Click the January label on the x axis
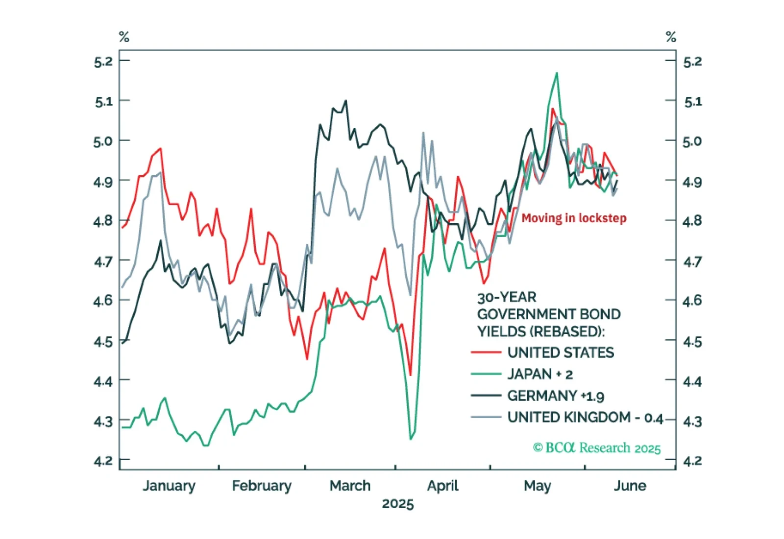pos(169,486)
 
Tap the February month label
pos(262,486)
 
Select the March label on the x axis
pos(350,486)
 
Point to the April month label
pos(442,486)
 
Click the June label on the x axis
pos(630,486)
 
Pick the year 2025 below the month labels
pos(398,504)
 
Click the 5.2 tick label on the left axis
pos(103,62)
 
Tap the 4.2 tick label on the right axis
pos(692,461)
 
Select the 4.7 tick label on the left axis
pos(103,261)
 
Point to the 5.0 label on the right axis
pos(692,141)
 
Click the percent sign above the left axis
pos(124,37)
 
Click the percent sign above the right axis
pos(671,37)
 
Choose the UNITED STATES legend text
pos(561,352)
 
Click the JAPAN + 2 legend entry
pos(540,375)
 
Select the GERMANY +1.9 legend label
pos(556,396)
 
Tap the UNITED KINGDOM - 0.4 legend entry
pos(585,418)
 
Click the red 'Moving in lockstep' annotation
pos(574,218)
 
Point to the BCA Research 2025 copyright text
pos(597,448)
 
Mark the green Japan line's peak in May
pos(557,73)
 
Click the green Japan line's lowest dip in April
pos(411,439)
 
